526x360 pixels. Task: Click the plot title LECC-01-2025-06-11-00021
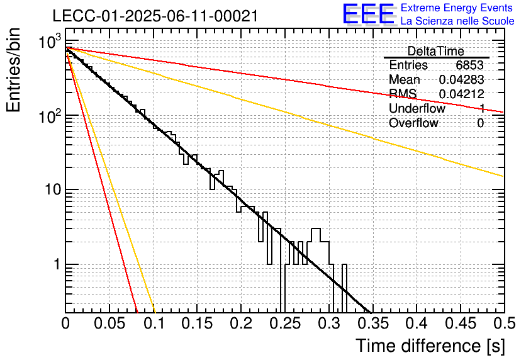pos(155,16)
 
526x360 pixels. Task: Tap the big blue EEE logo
pos(368,14)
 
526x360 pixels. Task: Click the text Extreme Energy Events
pos(457,8)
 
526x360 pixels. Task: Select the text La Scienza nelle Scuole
pos(457,21)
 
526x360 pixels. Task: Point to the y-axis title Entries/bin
pos(13,70)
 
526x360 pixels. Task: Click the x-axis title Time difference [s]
pos(430,346)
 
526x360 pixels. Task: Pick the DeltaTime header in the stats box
pos(435,51)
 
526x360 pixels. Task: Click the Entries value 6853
pos(469,65)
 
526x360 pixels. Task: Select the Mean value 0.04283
pos(461,79)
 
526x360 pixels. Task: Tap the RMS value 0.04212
pos(461,94)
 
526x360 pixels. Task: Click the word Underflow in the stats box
pos(417,108)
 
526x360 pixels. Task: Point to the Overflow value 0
pos(480,123)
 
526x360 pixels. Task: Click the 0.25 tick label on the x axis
pos(285,323)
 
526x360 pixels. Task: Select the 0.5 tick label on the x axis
pos(504,323)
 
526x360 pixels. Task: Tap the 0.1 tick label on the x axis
pos(154,323)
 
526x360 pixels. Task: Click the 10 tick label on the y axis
pos(53,190)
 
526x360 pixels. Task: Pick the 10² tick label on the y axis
pos(50,116)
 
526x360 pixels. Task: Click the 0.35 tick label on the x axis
pos(373,323)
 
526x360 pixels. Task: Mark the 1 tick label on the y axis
pos(57,264)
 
